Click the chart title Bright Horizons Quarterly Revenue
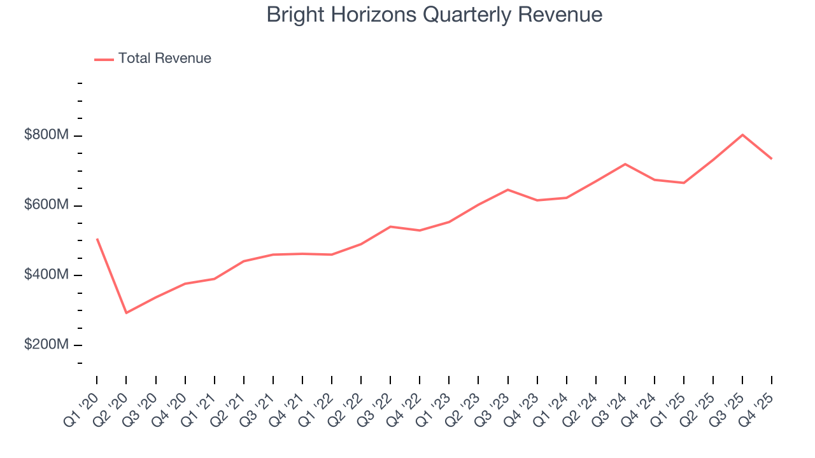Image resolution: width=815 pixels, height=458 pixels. [x=434, y=15]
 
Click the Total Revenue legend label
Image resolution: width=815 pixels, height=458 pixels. [x=164, y=59]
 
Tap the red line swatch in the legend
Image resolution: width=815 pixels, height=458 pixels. [x=104, y=59]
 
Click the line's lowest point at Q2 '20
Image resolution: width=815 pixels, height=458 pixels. [x=126, y=313]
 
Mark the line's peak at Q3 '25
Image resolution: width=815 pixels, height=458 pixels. [x=742, y=135]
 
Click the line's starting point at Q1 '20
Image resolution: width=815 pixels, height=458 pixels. [x=97, y=239]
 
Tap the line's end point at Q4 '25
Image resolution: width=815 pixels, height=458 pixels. [x=772, y=158]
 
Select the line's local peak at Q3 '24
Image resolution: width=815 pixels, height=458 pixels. [x=625, y=164]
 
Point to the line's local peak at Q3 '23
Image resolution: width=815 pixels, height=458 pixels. [x=507, y=190]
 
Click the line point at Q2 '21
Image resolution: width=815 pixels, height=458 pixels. [x=244, y=261]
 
